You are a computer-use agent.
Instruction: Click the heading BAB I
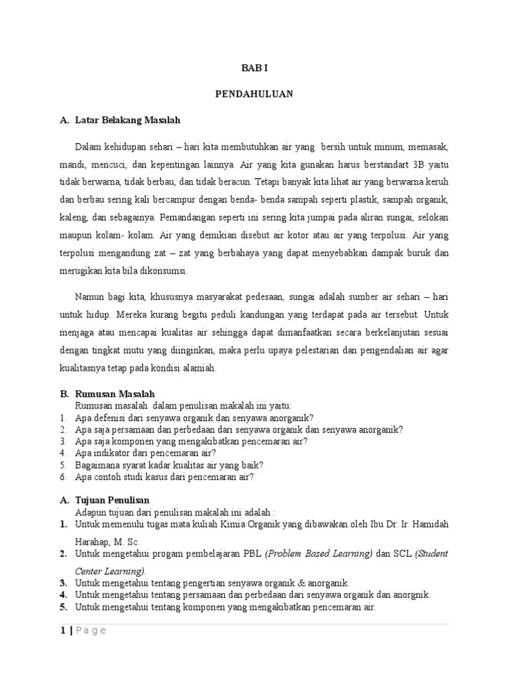[x=254, y=68]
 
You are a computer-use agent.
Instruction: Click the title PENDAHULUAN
[x=254, y=94]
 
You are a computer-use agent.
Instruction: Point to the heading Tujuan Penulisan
[x=112, y=499]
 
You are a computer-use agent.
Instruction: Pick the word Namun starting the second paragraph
[x=89, y=297]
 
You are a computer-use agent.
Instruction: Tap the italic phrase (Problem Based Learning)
[x=318, y=553]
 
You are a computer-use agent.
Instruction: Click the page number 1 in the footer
[x=62, y=630]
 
